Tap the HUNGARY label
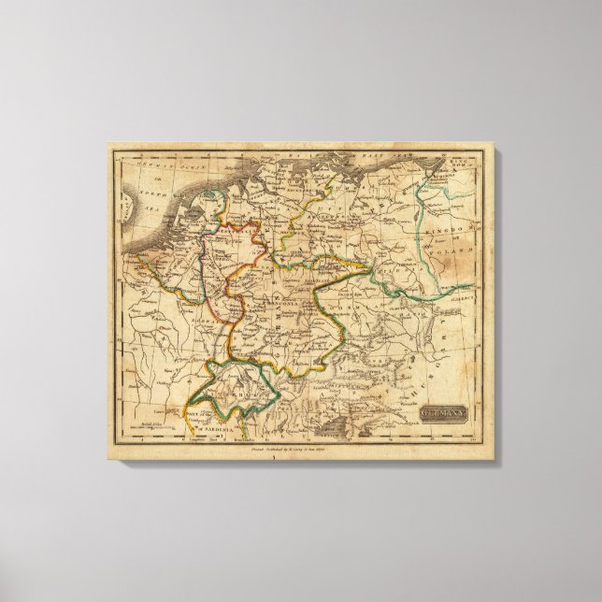(439, 355)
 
